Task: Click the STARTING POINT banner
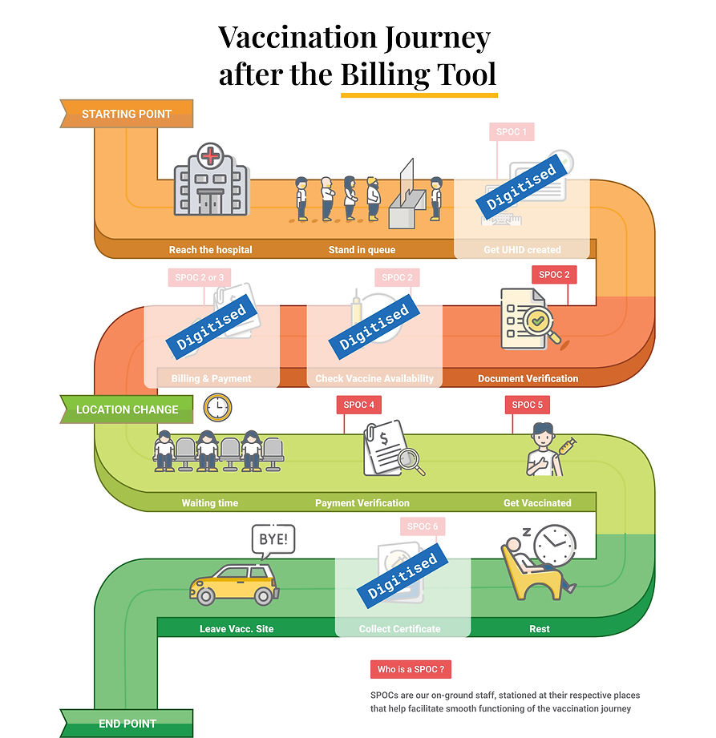[127, 114]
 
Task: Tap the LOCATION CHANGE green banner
[127, 409]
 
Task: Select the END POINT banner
[127, 724]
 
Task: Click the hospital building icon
[211, 180]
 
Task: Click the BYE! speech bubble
[273, 539]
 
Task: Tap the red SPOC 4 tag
[358, 405]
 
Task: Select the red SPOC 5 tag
[527, 405]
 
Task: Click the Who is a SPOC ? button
[411, 669]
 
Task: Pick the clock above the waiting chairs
[216, 408]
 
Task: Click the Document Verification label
[528, 378]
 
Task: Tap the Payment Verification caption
[362, 503]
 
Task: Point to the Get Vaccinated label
[537, 503]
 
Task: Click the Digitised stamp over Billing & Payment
[211, 328]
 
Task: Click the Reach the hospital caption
[210, 250]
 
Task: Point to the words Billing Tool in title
[418, 75]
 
